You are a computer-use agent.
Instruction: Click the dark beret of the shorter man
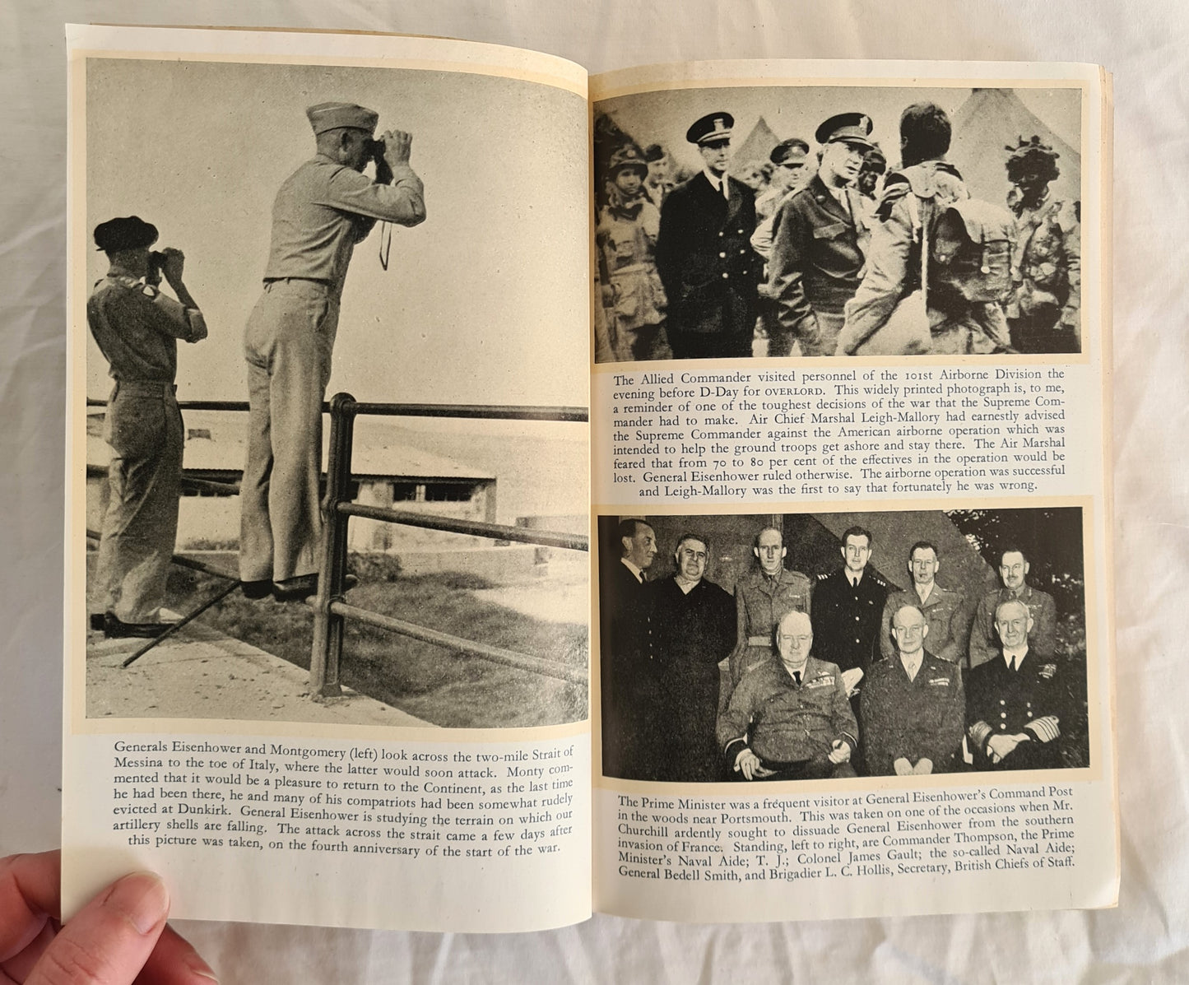(x=126, y=232)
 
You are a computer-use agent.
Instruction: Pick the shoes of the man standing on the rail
(x=280, y=586)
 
